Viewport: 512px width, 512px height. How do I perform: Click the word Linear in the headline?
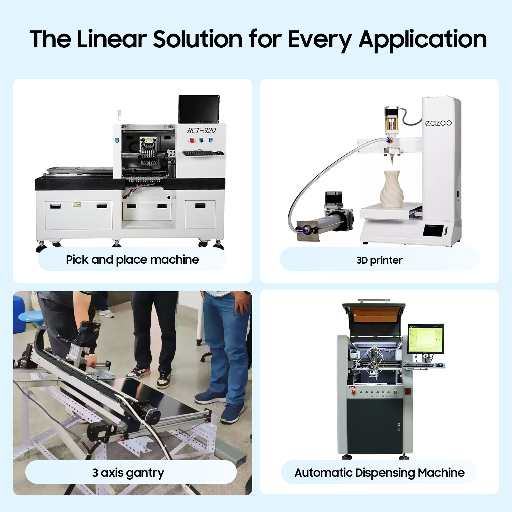coord(112,39)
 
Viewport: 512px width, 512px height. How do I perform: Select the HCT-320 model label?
coord(201,131)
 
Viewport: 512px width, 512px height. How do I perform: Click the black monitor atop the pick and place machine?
coord(199,109)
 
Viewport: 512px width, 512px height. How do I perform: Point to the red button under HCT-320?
coord(192,140)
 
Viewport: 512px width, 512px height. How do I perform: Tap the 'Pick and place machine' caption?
coord(132,260)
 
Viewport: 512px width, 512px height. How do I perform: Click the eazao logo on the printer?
coord(438,123)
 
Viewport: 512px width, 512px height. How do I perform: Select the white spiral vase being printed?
coord(392,189)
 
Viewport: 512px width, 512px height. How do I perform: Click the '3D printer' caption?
coord(380,260)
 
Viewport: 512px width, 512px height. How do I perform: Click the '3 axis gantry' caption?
coord(128,473)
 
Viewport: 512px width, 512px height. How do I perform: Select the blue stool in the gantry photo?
coord(30,317)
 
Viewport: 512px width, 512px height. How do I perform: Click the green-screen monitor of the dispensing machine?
coord(425,339)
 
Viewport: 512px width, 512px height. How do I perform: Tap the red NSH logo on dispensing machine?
coord(353,388)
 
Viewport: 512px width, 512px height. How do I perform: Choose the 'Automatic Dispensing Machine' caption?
coord(380,473)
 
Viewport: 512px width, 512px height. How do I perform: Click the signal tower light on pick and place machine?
coord(119,116)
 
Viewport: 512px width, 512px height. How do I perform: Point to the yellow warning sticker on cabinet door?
coord(76,204)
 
